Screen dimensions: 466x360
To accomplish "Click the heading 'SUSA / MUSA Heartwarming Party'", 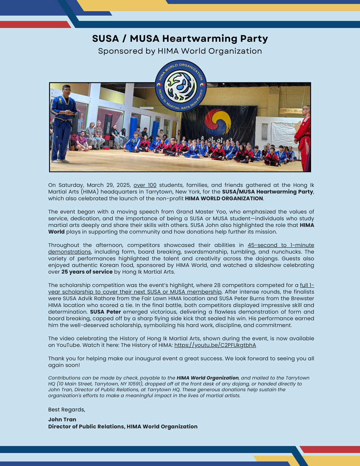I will pos(180,39).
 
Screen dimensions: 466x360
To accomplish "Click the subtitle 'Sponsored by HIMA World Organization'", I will pos(180,51).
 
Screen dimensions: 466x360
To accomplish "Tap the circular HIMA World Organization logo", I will pos(181,86).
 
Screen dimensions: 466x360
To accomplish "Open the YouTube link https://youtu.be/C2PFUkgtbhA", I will pos(215,345).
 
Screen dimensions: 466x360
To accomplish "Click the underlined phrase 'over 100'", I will pos(145,185).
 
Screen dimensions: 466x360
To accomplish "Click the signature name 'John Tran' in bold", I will pos(62,419).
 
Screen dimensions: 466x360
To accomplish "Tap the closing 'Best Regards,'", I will pos(67,409).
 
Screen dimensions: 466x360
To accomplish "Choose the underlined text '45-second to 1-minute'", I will pos(280,245).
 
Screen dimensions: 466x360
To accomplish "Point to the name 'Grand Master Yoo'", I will pos(200,212).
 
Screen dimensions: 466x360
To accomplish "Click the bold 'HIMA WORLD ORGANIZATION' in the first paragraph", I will pos(224,198).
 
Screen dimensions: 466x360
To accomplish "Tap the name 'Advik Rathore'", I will pos(188,298).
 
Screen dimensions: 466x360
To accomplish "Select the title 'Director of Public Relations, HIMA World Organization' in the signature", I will pos(123,426).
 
